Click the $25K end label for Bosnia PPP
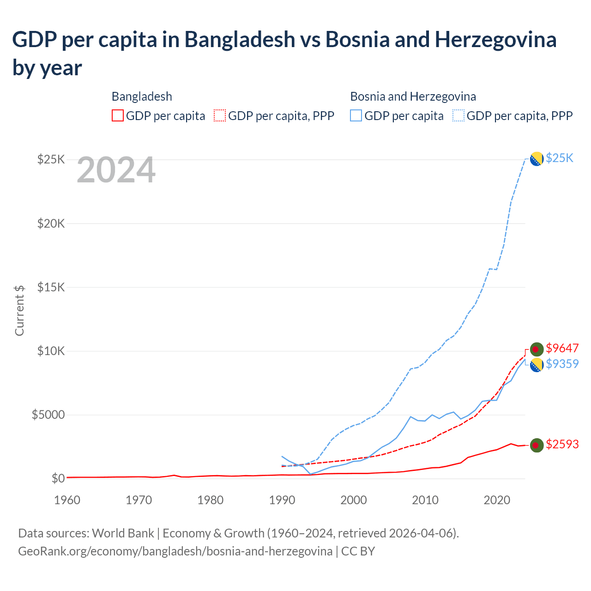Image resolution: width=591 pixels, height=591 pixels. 559,158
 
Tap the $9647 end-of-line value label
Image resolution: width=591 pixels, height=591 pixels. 562,348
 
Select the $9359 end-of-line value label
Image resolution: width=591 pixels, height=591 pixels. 562,364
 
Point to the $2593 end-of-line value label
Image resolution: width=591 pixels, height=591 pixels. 562,444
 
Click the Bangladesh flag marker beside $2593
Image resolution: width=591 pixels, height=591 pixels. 536,445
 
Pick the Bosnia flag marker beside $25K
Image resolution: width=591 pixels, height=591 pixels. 536,159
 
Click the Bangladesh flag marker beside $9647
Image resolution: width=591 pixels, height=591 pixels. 536,349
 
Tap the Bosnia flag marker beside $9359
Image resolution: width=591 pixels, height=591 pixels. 536,365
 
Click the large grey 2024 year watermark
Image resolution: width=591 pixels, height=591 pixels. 116,170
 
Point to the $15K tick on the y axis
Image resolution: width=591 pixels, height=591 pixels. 51,288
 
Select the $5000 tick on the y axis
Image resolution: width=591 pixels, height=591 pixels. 48,415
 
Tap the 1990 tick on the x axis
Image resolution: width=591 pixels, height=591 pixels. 282,500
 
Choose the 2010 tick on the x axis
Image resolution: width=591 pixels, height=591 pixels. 425,500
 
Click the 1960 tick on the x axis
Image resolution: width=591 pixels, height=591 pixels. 67,500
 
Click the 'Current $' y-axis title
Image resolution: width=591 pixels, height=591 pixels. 19,310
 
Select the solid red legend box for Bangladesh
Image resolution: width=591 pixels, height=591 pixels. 118,115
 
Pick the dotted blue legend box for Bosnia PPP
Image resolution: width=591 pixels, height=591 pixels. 458,115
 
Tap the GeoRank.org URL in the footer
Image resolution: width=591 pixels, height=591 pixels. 175,551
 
